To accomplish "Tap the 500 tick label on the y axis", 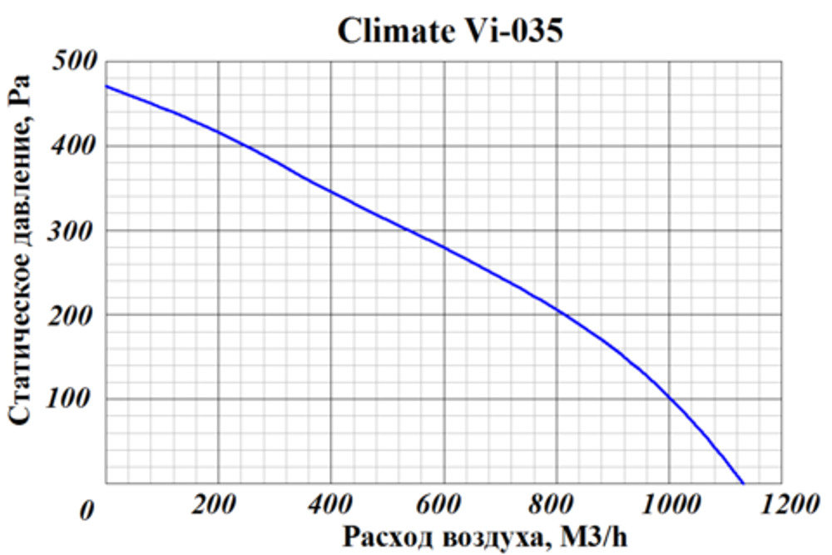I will (x=77, y=62).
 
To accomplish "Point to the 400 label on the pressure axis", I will (x=77, y=146).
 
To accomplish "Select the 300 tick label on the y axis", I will (x=77, y=230).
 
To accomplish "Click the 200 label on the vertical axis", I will (x=77, y=315).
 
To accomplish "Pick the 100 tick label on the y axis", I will (x=77, y=399).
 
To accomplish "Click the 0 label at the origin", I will (x=85, y=510).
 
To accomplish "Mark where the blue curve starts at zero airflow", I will (x=106, y=86).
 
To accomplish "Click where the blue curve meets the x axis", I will (x=742, y=483).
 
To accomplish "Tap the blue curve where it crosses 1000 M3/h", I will (x=668, y=398).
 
